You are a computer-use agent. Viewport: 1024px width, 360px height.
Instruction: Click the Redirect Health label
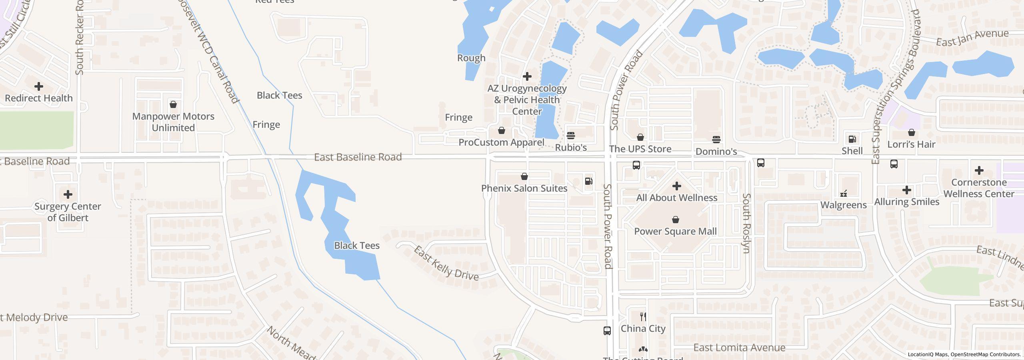click(39, 98)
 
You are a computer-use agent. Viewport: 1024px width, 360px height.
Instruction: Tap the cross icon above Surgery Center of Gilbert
click(68, 194)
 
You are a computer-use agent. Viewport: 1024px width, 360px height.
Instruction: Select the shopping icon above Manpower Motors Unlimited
click(173, 104)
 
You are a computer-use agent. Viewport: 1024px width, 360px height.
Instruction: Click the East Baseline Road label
click(358, 157)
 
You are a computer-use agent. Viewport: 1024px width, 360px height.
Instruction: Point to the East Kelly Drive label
click(446, 264)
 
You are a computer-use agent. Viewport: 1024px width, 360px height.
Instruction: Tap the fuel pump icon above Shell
click(852, 139)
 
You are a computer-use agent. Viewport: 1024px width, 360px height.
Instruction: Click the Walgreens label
click(843, 205)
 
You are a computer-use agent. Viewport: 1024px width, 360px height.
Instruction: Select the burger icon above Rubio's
click(571, 136)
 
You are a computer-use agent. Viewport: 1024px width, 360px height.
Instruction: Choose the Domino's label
click(716, 152)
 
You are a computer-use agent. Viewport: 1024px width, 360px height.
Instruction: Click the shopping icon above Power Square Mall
click(676, 220)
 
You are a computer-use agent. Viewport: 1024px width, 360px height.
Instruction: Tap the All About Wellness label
click(676, 198)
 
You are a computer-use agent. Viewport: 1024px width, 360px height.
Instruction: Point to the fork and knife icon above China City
click(643, 317)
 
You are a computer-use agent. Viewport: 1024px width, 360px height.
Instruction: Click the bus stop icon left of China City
click(607, 330)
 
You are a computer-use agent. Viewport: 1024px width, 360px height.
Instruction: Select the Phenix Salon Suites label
click(524, 188)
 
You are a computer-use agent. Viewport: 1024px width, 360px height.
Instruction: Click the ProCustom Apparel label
click(501, 142)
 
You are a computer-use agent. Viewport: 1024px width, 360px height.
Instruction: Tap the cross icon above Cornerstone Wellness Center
click(979, 171)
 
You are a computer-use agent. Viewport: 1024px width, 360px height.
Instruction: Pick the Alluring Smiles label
click(906, 202)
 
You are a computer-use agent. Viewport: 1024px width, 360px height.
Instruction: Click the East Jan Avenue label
click(972, 38)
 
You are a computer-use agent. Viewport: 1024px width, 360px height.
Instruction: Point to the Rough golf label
click(471, 58)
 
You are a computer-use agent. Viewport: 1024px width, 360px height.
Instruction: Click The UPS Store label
click(640, 149)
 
